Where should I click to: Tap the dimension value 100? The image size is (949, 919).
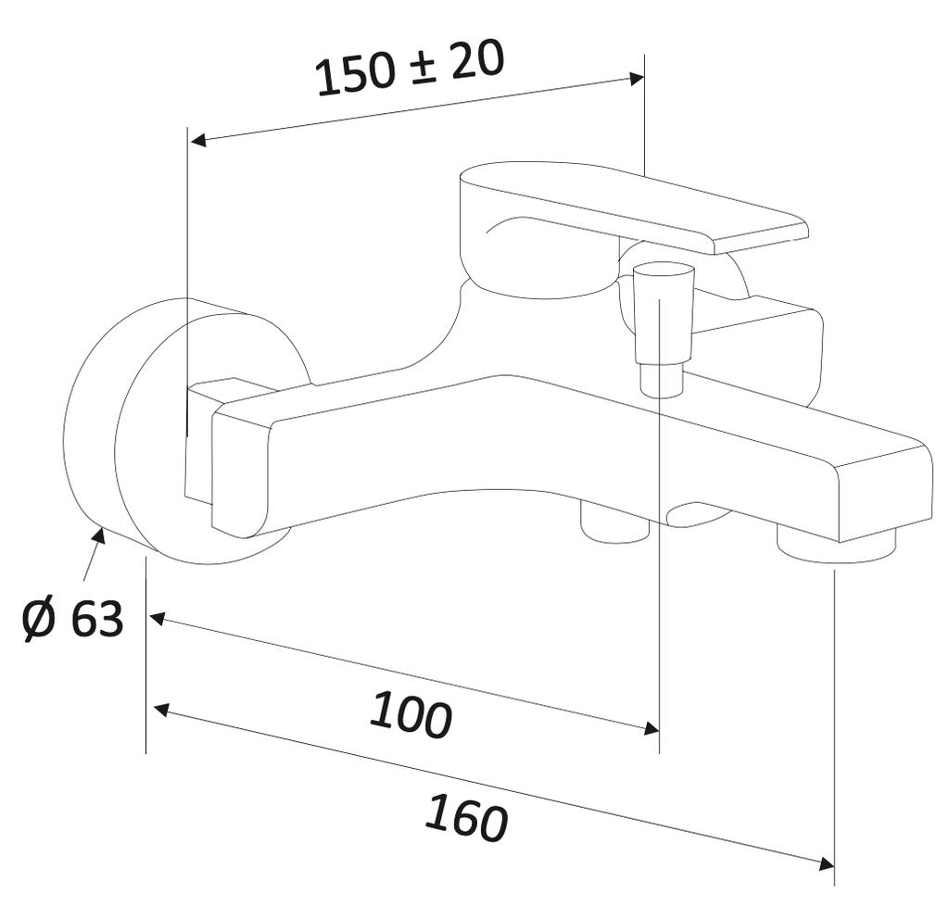pyautogui.click(x=411, y=714)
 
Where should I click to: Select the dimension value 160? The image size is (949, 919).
pyautogui.click(x=467, y=818)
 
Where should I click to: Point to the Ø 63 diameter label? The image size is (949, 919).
pyautogui.click(x=73, y=619)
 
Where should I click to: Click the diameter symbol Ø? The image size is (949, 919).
pyautogui.click(x=40, y=619)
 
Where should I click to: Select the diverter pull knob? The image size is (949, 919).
pyautogui.click(x=663, y=315)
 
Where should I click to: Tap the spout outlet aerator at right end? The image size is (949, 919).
pyautogui.click(x=836, y=545)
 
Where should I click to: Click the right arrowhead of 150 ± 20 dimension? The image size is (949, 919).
pyautogui.click(x=636, y=79)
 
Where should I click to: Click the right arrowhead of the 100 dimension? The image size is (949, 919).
pyautogui.click(x=651, y=729)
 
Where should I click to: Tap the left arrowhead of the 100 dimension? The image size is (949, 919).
pyautogui.click(x=157, y=618)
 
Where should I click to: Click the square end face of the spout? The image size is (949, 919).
pyautogui.click(x=885, y=491)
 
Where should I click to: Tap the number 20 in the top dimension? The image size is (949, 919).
pyautogui.click(x=477, y=60)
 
